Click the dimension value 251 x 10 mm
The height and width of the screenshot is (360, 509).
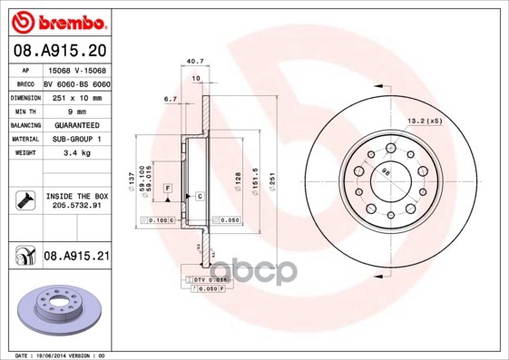pyautogui.click(x=77, y=95)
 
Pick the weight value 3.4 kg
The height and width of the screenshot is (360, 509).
pyautogui.click(x=77, y=154)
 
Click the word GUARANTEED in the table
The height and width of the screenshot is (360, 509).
pyautogui.click(x=77, y=123)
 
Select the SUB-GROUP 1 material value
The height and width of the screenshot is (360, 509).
pyautogui.click(x=77, y=139)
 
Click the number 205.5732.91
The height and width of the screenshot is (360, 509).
pyautogui.click(x=77, y=206)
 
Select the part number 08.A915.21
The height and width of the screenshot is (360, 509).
pyautogui.click(x=76, y=257)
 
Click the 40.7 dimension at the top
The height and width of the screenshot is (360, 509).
pyautogui.click(x=192, y=62)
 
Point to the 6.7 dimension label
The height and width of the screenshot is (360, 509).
pyautogui.click(x=170, y=99)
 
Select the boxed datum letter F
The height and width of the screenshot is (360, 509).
pyautogui.click(x=168, y=187)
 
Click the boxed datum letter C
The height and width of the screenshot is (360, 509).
pyautogui.click(x=199, y=196)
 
